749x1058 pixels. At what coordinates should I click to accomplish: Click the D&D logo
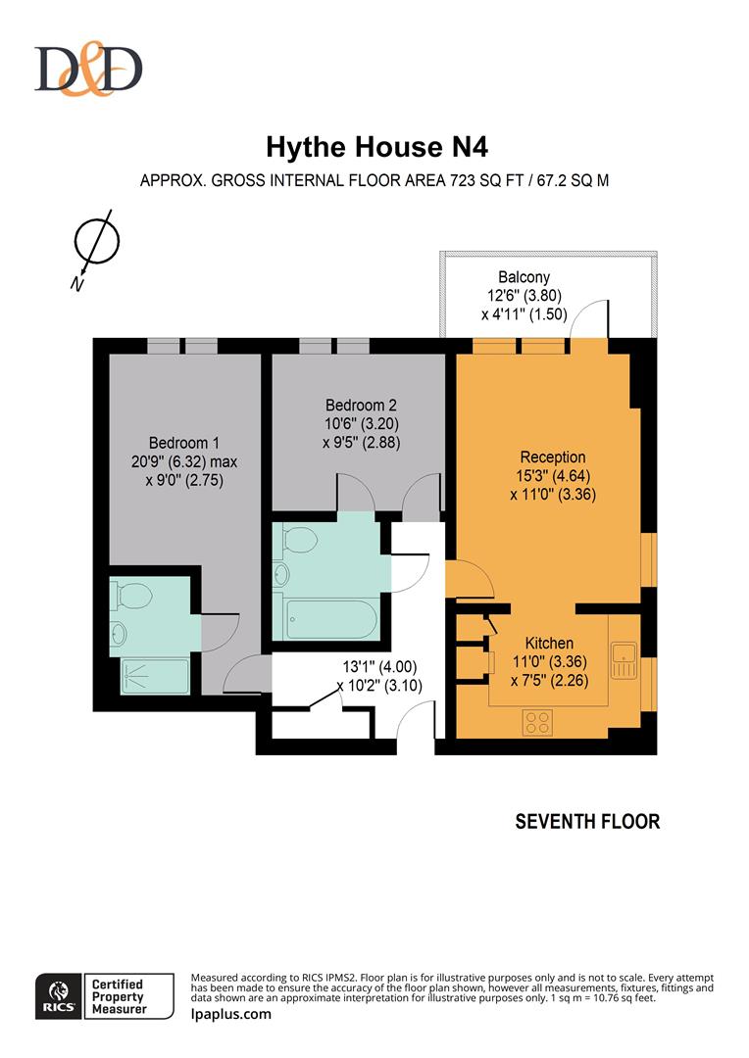tap(88, 70)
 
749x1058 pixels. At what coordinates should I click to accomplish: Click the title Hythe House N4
tap(376, 148)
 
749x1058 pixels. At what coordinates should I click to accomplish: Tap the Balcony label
tap(524, 277)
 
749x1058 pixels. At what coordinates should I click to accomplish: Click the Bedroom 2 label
tap(361, 406)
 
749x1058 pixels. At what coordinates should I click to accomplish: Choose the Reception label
tap(553, 457)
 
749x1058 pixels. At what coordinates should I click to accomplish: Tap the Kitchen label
tap(549, 643)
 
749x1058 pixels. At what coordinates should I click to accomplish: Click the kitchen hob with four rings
tap(537, 722)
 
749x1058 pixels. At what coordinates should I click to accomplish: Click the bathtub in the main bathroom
tap(329, 618)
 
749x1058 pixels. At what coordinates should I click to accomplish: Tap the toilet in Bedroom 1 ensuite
tap(131, 595)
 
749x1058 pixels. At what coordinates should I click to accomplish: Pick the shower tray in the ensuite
tap(154, 677)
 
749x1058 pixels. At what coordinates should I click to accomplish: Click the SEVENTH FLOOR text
tap(587, 821)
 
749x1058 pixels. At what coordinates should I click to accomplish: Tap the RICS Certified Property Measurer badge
tap(104, 996)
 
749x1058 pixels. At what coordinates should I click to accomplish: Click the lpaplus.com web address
tap(230, 1013)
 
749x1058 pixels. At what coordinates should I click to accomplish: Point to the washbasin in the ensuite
tap(119, 633)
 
